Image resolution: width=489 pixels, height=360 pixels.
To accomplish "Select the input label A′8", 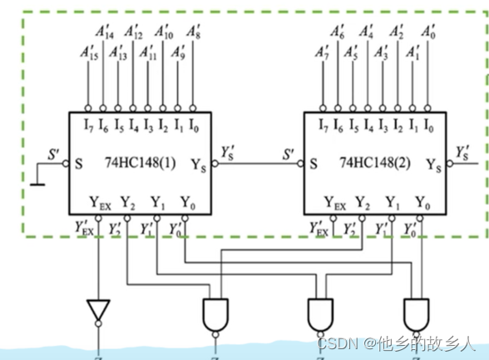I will [x=193, y=34].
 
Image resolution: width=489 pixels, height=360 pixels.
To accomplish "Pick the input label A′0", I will [x=427, y=34].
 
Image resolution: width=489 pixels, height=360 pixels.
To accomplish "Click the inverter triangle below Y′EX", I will [x=98, y=309].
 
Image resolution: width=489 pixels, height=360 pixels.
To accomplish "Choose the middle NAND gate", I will [x=319, y=313].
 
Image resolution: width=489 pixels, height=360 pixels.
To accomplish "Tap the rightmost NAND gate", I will [x=414, y=313].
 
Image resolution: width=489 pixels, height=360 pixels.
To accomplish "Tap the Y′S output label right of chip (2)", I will [x=462, y=151].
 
